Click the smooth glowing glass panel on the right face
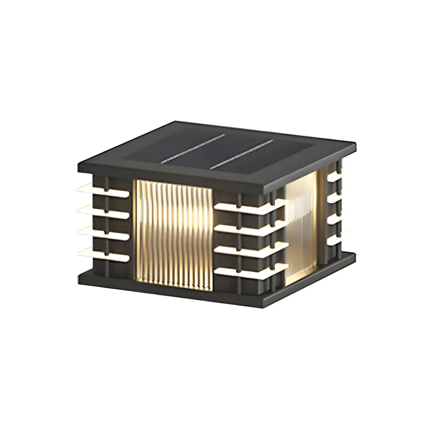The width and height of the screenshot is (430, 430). (x=303, y=227)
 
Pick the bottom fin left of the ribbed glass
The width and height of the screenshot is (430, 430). (x=103, y=252)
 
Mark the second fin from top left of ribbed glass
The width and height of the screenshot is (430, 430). (x=103, y=211)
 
